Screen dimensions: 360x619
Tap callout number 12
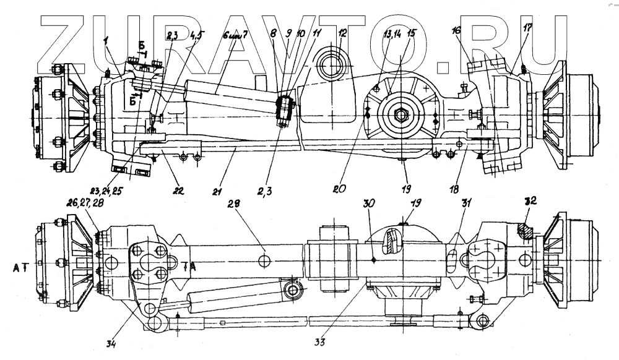(342, 34)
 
